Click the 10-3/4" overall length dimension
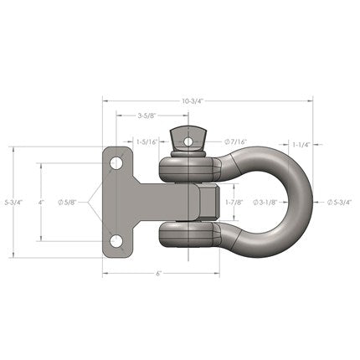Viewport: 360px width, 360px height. point(192,100)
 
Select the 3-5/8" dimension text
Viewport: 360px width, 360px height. point(151,116)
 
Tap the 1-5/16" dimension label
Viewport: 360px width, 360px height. point(149,142)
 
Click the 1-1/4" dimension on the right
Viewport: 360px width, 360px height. point(301,145)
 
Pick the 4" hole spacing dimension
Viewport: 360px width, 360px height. point(41,202)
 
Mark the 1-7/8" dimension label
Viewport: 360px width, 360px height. point(235,202)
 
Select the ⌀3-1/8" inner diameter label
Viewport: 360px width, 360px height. point(266,202)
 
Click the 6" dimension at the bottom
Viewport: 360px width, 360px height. point(158,273)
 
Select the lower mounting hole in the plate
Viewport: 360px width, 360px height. point(118,244)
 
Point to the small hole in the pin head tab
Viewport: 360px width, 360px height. point(188,141)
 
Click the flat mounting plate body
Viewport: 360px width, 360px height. point(126,202)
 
